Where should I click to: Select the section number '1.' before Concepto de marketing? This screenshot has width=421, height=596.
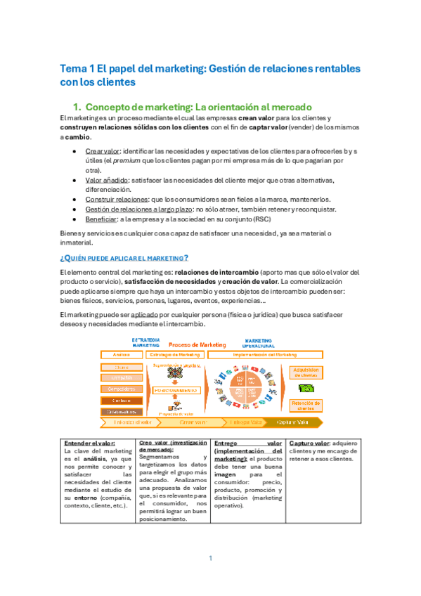(x=78, y=107)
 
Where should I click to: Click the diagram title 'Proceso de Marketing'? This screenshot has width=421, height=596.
(x=198, y=346)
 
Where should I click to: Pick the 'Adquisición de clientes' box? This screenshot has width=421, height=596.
(x=305, y=370)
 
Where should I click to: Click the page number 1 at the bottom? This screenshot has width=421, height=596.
(x=210, y=558)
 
